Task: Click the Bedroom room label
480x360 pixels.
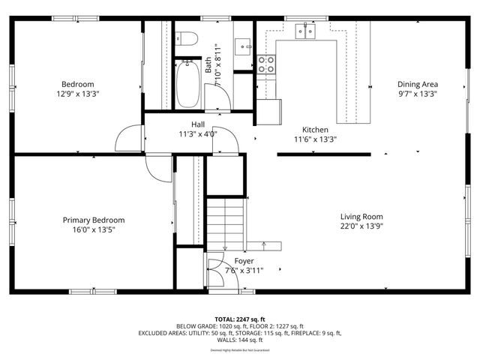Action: pyautogui.click(x=77, y=83)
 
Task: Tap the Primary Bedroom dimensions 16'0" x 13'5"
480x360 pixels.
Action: pyautogui.click(x=93, y=229)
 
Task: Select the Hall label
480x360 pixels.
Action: pyautogui.click(x=198, y=124)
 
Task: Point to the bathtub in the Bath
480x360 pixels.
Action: pyautogui.click(x=188, y=85)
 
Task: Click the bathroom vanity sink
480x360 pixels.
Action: pyautogui.click(x=244, y=46)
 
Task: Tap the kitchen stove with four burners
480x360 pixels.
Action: pyautogui.click(x=265, y=64)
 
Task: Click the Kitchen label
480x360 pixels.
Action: pyautogui.click(x=315, y=129)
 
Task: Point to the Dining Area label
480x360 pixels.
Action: pyautogui.click(x=418, y=84)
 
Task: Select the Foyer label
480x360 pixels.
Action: pyautogui.click(x=244, y=261)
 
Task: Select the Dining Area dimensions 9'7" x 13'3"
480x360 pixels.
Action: pyautogui.click(x=418, y=94)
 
